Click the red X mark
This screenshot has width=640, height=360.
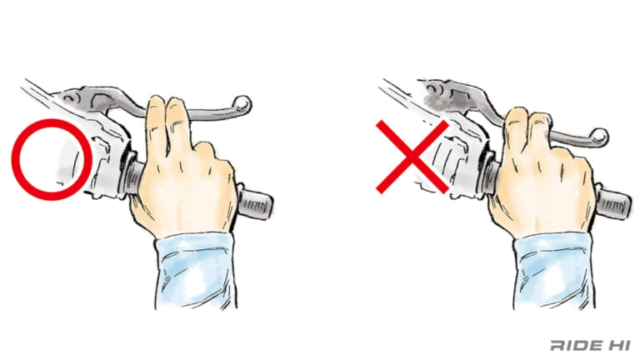(412, 157)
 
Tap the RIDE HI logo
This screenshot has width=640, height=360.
(590, 345)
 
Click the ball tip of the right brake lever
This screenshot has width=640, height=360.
(599, 137)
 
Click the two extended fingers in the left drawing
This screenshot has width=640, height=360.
(167, 122)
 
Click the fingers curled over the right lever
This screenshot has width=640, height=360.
(527, 127)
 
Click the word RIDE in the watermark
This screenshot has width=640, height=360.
(576, 345)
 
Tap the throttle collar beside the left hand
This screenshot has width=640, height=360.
(132, 177)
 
